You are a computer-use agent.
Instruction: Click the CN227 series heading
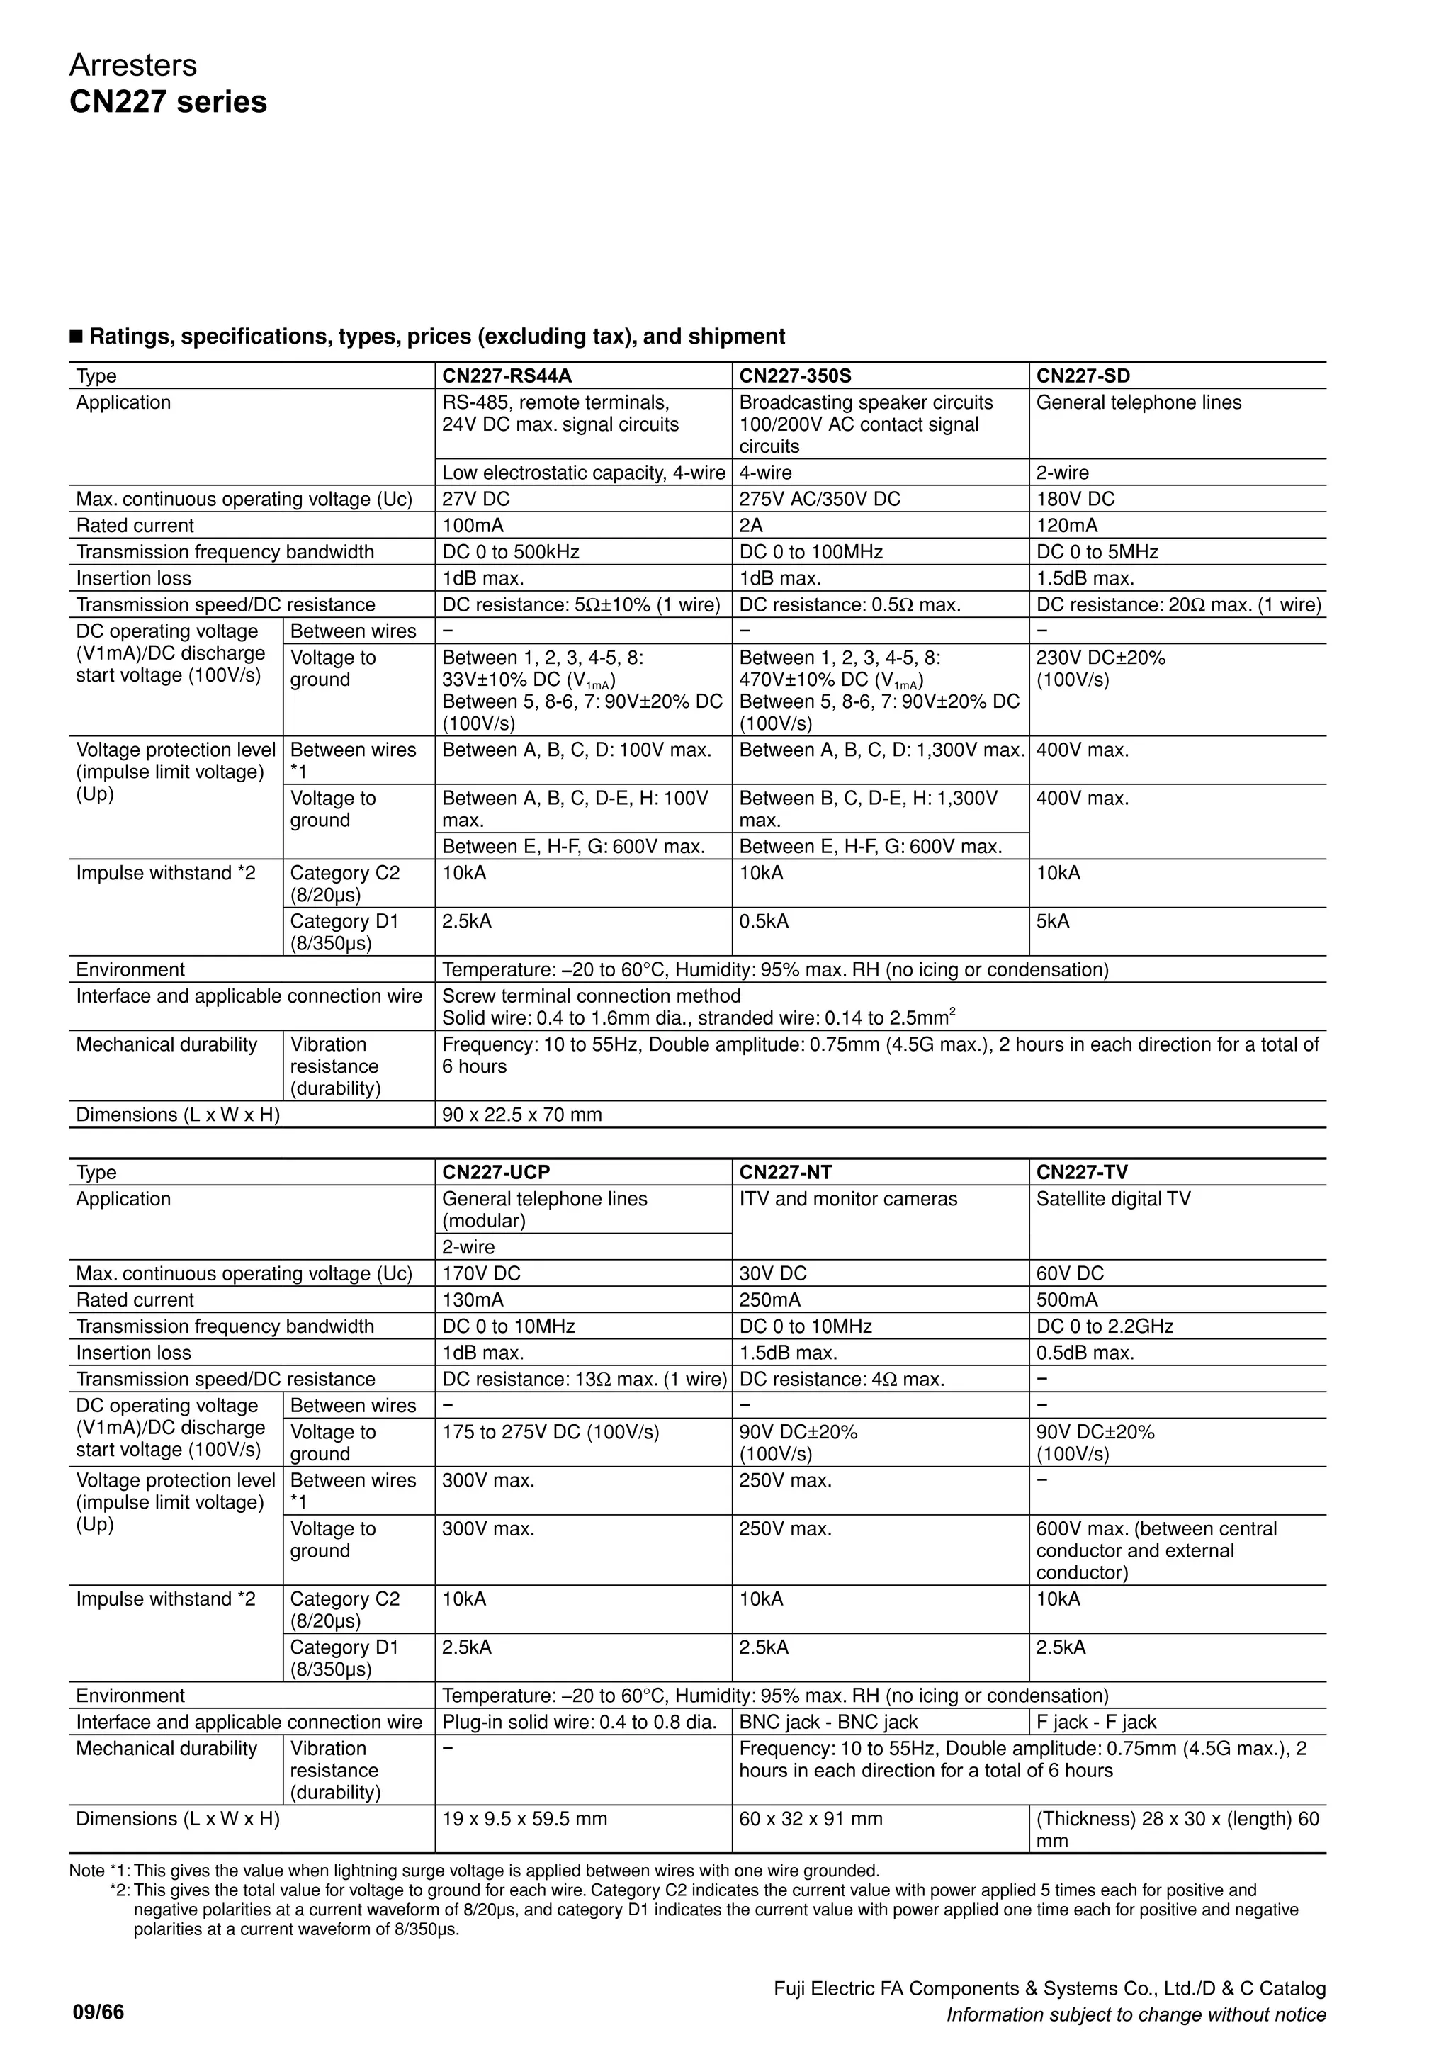pyautogui.click(x=168, y=102)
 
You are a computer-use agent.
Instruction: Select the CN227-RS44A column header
pyautogui.click(x=506, y=376)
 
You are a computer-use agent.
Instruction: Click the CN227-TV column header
pyautogui.click(x=1082, y=1172)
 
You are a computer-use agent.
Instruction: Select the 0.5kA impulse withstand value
pyautogui.click(x=764, y=920)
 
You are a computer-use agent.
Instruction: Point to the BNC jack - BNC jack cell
pyautogui.click(x=828, y=1723)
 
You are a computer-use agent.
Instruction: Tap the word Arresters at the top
pyautogui.click(x=133, y=65)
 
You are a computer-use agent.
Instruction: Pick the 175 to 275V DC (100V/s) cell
pyautogui.click(x=551, y=1432)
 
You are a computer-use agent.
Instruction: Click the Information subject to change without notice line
pyautogui.click(x=1136, y=2014)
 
